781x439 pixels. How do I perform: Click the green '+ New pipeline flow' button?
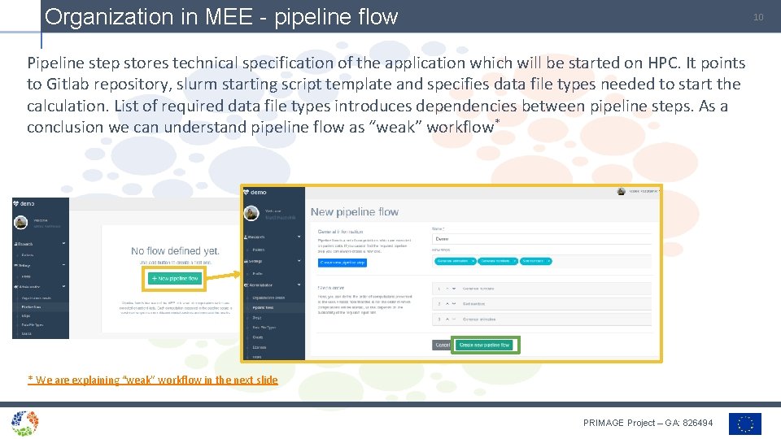pos(175,278)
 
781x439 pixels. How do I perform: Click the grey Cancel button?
pos(443,345)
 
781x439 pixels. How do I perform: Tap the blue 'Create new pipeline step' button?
pos(343,263)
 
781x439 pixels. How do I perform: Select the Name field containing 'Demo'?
pos(541,239)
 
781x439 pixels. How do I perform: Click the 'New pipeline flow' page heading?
pos(355,212)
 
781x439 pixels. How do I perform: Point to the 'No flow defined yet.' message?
pos(175,251)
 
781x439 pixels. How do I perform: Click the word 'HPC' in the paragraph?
pos(698,63)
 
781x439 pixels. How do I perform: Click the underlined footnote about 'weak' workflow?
pos(153,380)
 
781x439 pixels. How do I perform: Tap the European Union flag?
pos(745,424)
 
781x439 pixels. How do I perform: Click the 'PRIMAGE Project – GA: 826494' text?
pos(648,423)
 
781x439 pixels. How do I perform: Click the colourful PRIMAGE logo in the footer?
pos(25,423)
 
